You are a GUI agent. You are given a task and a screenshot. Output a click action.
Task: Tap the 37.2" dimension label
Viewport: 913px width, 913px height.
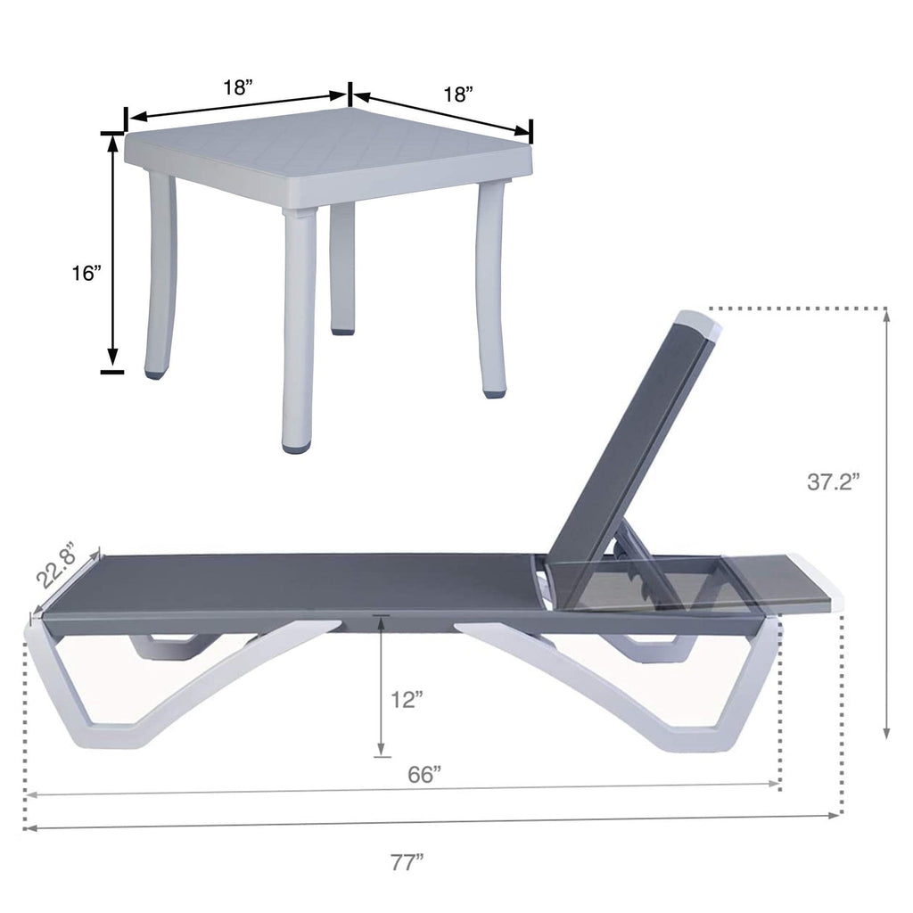[833, 481]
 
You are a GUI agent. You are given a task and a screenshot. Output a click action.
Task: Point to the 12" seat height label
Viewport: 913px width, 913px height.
[407, 700]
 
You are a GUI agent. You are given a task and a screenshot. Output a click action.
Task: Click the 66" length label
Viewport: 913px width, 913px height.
[425, 775]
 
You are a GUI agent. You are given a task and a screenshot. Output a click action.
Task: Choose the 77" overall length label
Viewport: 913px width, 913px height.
[407, 862]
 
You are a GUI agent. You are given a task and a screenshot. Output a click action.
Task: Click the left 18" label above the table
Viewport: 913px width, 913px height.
[238, 87]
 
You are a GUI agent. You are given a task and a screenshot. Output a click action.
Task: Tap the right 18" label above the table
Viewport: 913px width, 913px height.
[457, 95]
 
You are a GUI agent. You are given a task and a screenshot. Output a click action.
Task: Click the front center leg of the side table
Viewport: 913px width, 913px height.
[298, 330]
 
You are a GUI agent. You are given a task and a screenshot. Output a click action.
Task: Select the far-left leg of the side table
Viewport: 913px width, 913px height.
[160, 276]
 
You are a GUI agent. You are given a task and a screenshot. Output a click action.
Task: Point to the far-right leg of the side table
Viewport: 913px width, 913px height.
[491, 285]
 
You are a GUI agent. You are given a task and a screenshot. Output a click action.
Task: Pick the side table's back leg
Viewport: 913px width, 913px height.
[342, 267]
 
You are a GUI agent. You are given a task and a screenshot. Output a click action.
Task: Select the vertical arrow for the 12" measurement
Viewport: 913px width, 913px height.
[381, 687]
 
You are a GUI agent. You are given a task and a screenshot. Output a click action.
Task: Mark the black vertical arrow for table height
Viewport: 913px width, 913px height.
[113, 250]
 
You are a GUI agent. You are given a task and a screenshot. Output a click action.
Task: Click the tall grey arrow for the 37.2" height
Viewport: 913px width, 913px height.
[886, 526]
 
